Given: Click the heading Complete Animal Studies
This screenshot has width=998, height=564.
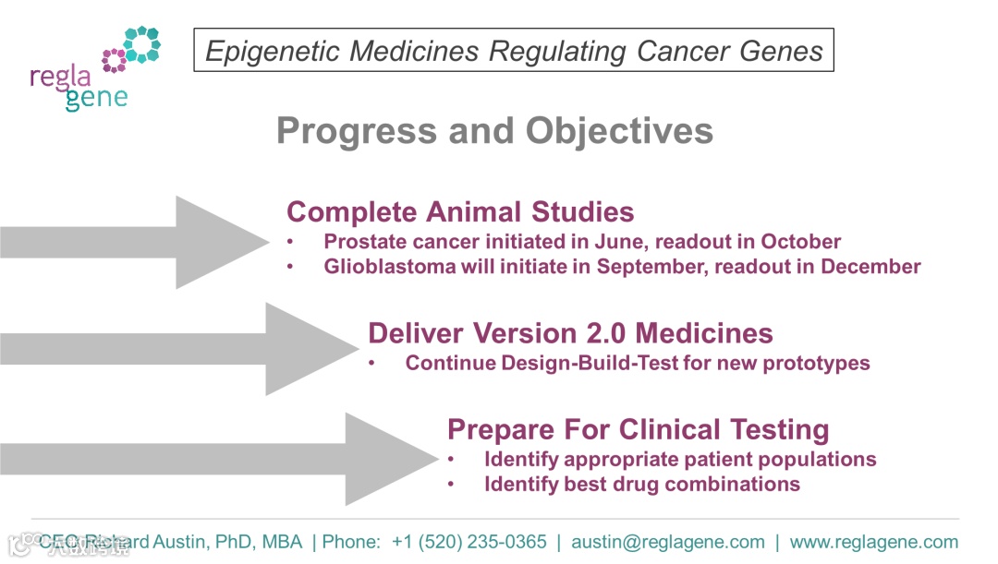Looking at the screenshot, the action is tap(460, 211).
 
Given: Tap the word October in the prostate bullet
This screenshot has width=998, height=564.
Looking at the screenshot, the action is tap(800, 242).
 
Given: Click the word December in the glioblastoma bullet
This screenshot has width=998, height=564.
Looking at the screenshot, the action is tap(870, 267).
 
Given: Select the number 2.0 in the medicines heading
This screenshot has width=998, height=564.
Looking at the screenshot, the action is tap(606, 333).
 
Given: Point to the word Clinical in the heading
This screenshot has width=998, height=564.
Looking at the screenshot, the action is tap(670, 430).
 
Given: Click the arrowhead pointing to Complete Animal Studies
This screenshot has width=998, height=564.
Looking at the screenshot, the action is tap(222, 242).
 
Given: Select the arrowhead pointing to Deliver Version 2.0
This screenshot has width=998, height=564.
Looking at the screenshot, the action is tap(312, 349).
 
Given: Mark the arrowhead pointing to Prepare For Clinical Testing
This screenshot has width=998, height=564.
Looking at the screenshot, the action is tap(392, 459).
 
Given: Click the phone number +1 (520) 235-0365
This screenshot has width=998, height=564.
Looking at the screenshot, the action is tap(469, 542).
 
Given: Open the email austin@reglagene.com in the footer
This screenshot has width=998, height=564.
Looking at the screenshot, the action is tap(668, 543).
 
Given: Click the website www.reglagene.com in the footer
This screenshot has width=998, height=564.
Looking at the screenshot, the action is tap(874, 543).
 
